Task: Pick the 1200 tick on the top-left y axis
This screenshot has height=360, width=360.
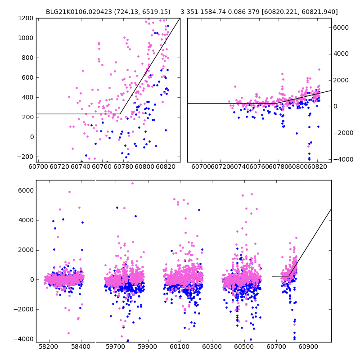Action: [26, 18]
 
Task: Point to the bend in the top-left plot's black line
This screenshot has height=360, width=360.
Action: [120, 114]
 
